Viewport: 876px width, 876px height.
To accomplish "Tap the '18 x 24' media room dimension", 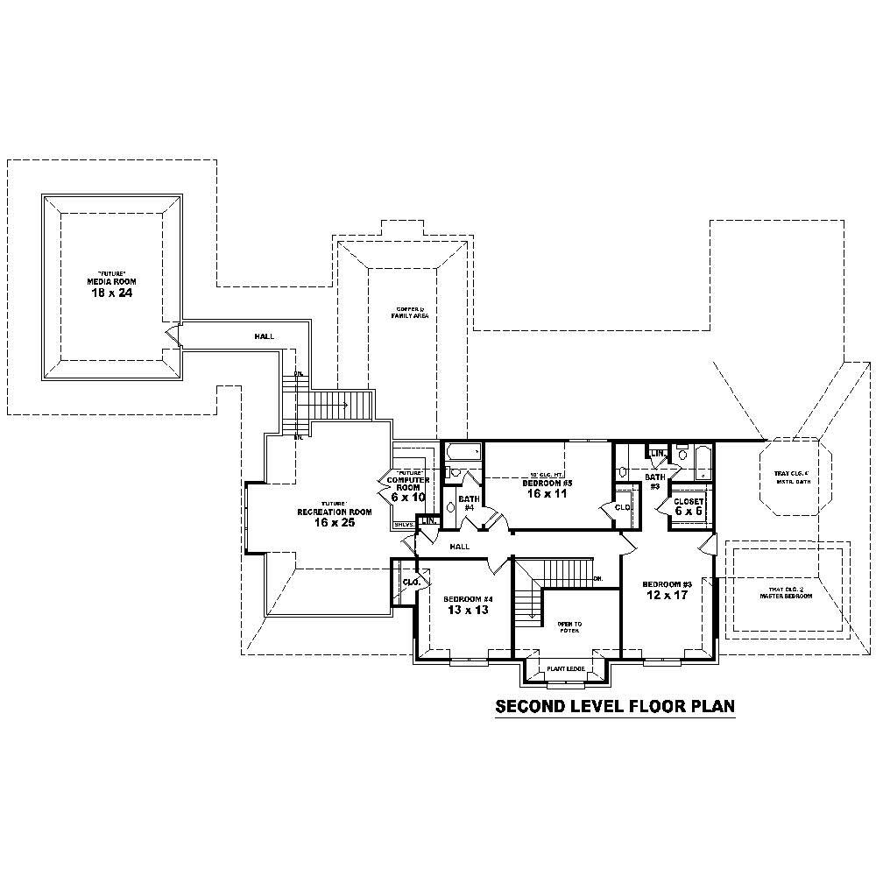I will [x=111, y=292].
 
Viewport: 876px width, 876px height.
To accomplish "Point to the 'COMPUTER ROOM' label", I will [x=408, y=480].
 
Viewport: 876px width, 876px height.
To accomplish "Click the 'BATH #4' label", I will [x=468, y=503].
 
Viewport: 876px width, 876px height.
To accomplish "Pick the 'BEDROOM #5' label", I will [x=547, y=484].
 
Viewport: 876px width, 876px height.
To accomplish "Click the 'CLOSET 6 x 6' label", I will [x=689, y=505].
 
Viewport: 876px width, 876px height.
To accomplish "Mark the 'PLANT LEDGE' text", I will [x=565, y=669].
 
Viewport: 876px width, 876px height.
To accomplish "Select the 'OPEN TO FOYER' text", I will [x=569, y=626].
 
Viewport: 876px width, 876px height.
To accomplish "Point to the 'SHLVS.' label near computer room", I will [x=403, y=525].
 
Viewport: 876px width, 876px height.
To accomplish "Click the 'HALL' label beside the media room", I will [x=264, y=336].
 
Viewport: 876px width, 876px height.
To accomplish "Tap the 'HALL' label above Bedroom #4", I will [x=459, y=547].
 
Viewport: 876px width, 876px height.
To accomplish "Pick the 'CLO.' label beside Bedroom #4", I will [x=410, y=582].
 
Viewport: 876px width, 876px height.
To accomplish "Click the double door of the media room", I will [x=173, y=336].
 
